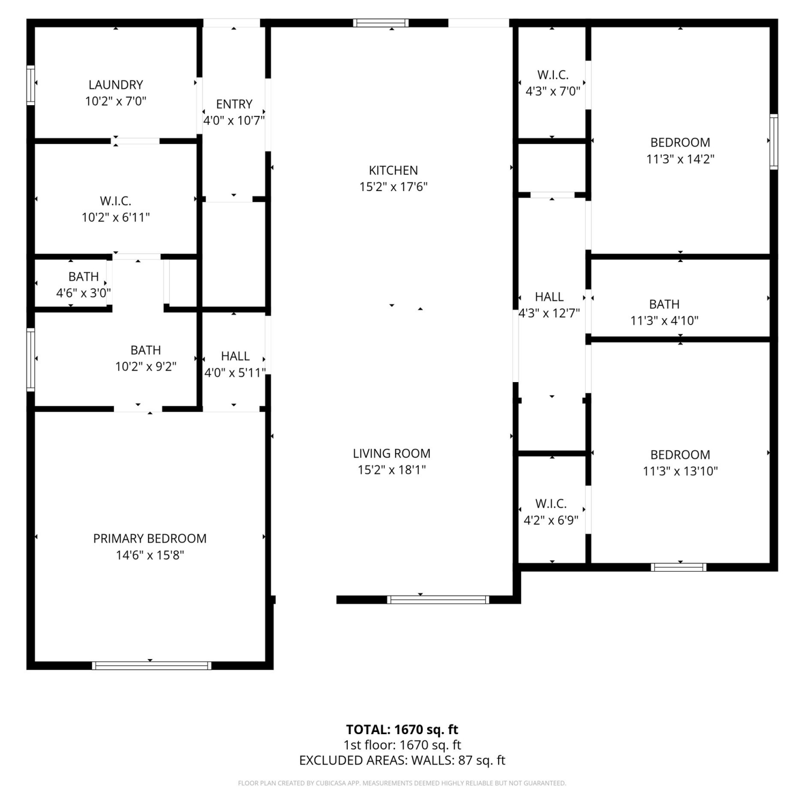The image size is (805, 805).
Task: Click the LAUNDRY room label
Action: pyautogui.click(x=116, y=85)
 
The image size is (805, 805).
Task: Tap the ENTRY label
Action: pyautogui.click(x=234, y=104)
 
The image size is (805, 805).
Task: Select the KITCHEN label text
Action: pyautogui.click(x=393, y=170)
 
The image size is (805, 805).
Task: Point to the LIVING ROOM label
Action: pyautogui.click(x=392, y=453)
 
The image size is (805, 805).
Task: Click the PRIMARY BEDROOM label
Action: pyautogui.click(x=150, y=538)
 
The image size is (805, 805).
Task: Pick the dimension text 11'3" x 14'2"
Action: pyautogui.click(x=680, y=159)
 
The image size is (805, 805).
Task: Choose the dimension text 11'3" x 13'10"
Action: pyautogui.click(x=680, y=471)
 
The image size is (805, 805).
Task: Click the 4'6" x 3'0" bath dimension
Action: pyautogui.click(x=84, y=293)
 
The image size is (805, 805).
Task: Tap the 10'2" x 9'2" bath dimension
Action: pyautogui.click(x=146, y=367)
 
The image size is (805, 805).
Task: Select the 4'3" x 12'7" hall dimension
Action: pyautogui.click(x=549, y=313)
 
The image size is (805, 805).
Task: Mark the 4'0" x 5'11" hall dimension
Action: pyautogui.click(x=235, y=372)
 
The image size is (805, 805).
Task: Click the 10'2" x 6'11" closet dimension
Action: pyautogui.click(x=116, y=217)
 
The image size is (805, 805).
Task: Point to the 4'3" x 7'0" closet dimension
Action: pyautogui.click(x=553, y=91)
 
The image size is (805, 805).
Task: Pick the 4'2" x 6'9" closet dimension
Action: pyautogui.click(x=551, y=520)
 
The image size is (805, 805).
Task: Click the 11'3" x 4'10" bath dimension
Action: pyautogui.click(x=664, y=320)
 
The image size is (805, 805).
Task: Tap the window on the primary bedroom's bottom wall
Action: pyautogui.click(x=151, y=665)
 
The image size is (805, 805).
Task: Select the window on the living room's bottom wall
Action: pyautogui.click(x=438, y=599)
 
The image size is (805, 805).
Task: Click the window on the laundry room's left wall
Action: pyautogui.click(x=31, y=85)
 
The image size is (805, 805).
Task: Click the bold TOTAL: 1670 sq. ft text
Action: pyautogui.click(x=402, y=729)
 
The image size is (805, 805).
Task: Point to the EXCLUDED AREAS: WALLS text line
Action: pyautogui.click(x=402, y=760)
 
